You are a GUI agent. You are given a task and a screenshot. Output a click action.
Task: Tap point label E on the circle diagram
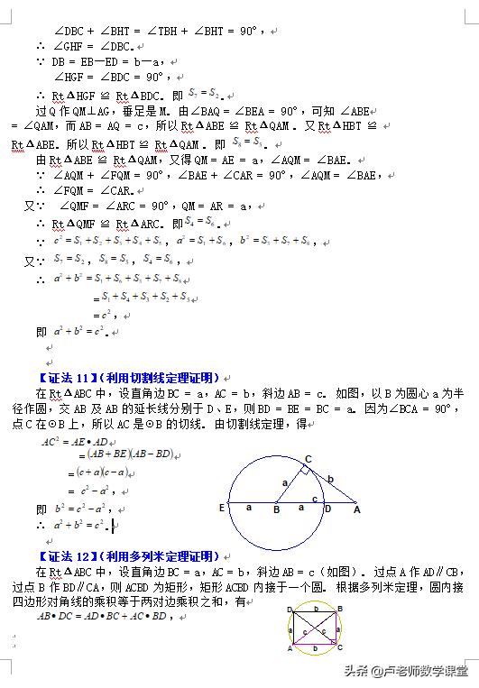[222, 508]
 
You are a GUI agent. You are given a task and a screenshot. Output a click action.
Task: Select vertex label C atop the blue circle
[309, 459]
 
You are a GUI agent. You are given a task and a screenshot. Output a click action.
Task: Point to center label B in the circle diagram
[277, 510]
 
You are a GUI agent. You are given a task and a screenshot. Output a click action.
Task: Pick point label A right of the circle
[357, 509]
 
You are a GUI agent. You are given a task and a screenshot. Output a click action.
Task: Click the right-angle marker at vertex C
[306, 471]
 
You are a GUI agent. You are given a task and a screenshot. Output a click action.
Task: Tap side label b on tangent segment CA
[331, 479]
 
